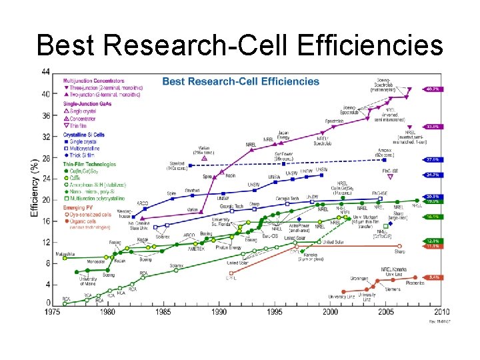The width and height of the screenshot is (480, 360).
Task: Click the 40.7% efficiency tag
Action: tap(432, 88)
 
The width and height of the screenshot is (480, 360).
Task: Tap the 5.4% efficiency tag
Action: tap(432, 277)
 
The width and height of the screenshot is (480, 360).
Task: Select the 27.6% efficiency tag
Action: tap(432, 159)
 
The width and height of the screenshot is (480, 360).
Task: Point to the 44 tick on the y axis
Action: tap(45, 72)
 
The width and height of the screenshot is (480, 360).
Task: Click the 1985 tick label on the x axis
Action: tap(163, 312)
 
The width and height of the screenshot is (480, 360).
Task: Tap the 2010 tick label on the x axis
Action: tap(441, 312)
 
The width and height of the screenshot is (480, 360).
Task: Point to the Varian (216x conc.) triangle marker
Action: tap(204, 158)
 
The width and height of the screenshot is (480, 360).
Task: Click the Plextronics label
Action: tap(414, 283)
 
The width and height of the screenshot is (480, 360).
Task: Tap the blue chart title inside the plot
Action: tap(241, 81)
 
